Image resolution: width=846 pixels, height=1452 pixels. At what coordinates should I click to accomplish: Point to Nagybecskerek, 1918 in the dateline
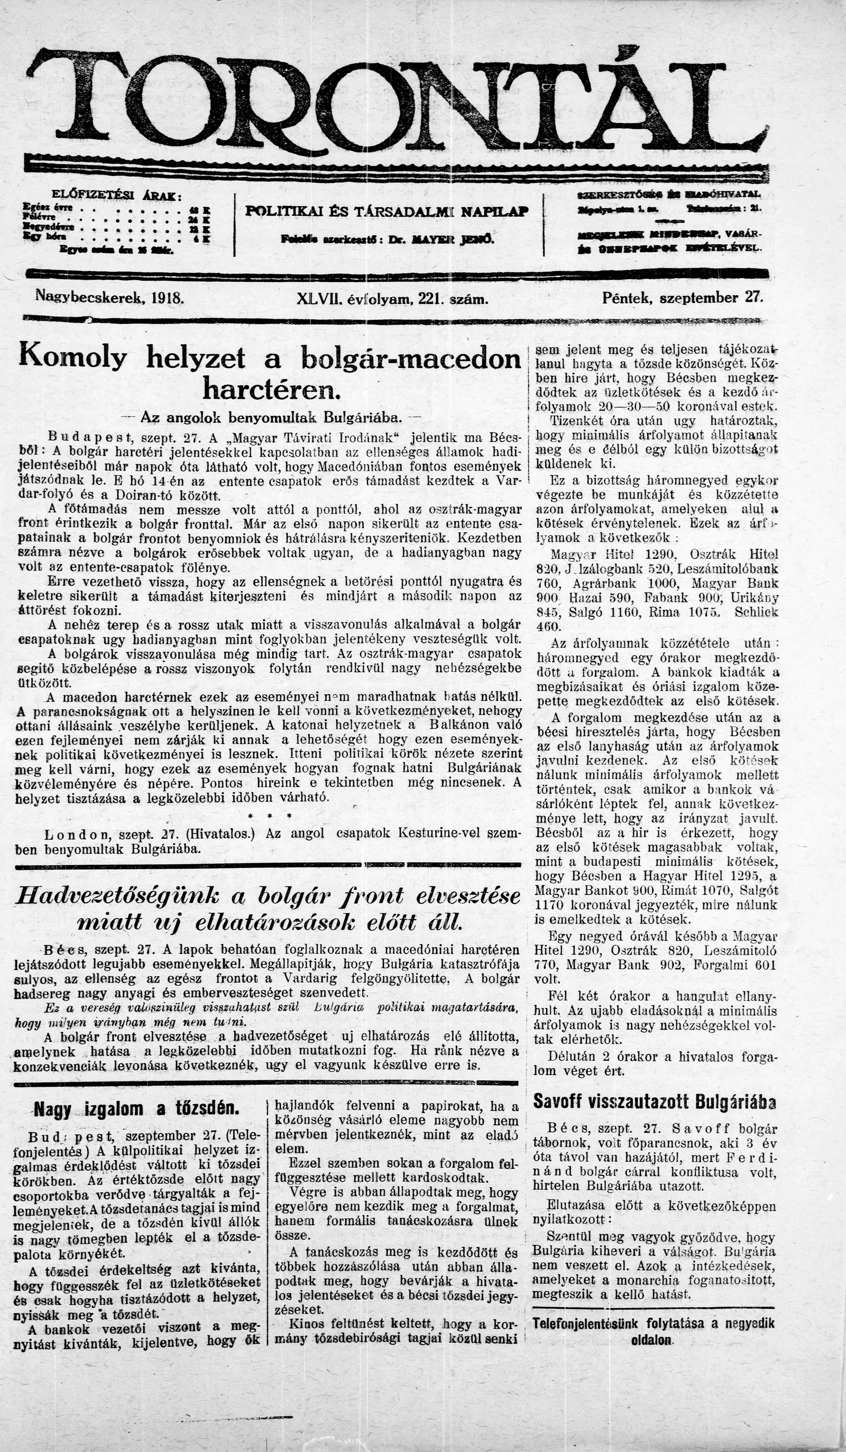coord(109,298)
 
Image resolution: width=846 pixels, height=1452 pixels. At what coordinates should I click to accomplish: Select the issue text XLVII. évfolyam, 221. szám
coord(392,299)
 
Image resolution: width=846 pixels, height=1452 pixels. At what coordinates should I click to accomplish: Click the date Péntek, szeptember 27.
coord(682,298)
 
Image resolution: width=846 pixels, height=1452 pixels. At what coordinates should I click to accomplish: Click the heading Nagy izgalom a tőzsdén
coord(136,1108)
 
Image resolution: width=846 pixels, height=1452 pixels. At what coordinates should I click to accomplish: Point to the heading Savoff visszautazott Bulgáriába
coord(654,1101)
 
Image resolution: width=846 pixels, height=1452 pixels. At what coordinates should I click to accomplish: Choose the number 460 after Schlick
coord(548,626)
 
